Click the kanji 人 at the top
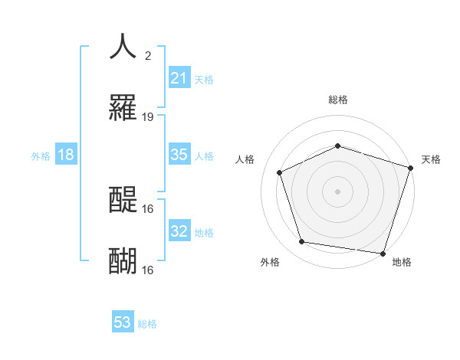click(123, 46)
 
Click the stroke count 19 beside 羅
click(148, 117)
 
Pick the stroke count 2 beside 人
click(147, 55)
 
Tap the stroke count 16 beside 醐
click(148, 270)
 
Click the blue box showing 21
click(179, 78)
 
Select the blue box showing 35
click(179, 155)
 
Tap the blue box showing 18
click(66, 155)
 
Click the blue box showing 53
click(123, 323)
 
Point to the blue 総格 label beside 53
click(147, 324)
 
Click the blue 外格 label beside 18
click(41, 156)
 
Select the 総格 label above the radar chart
click(337, 100)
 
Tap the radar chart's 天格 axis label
click(431, 159)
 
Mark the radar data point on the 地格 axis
click(383, 253)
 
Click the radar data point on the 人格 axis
click(280, 172)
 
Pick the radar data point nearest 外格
click(302, 242)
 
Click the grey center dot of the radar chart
click(337, 191)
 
